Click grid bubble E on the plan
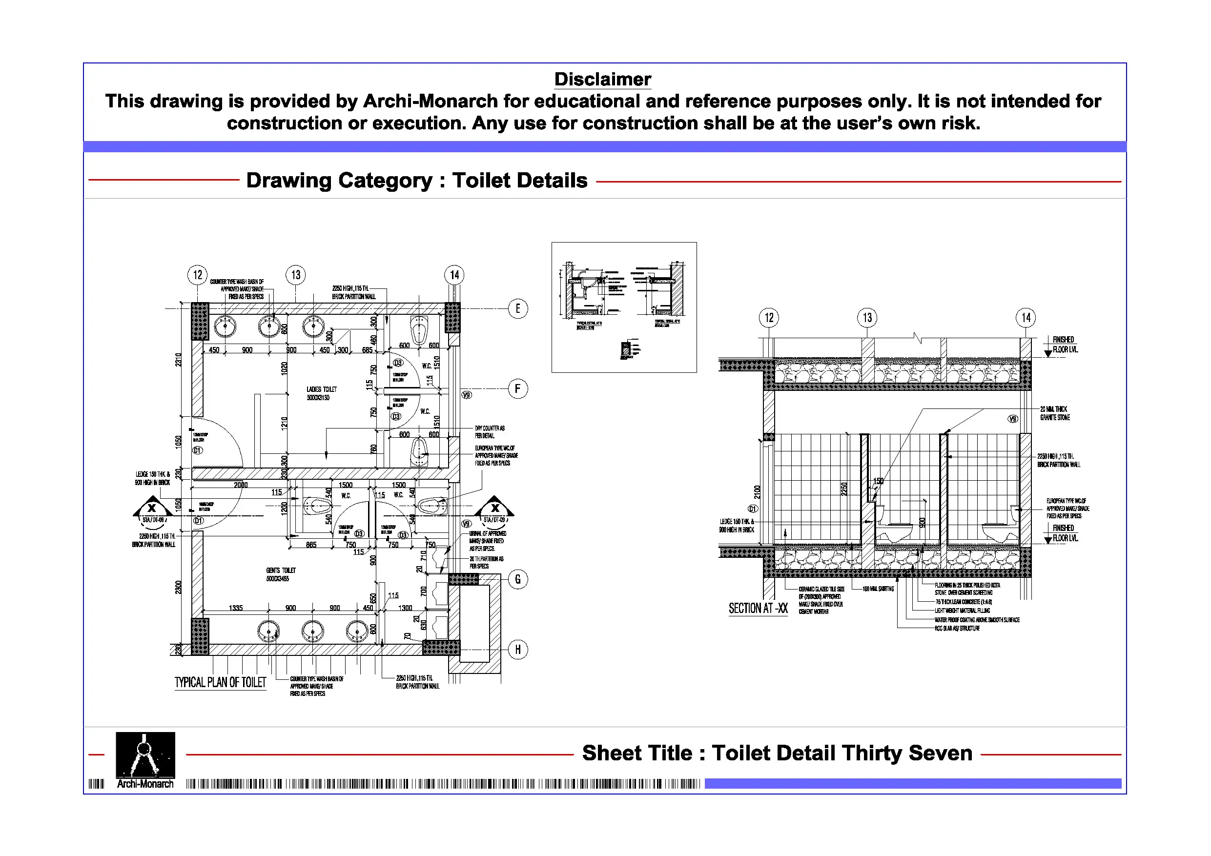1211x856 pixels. (x=517, y=308)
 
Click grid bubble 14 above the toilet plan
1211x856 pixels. (x=454, y=275)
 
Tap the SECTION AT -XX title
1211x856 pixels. (x=758, y=609)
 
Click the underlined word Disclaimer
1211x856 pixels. (x=602, y=79)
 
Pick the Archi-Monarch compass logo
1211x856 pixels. (x=145, y=755)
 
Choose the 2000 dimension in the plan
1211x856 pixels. (x=241, y=485)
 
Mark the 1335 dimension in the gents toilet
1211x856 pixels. (x=236, y=608)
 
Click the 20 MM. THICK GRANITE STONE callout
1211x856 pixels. (x=1054, y=413)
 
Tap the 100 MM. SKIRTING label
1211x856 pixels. (x=878, y=589)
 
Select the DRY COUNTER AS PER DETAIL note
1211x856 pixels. (x=489, y=432)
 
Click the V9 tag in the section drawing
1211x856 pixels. (x=1013, y=419)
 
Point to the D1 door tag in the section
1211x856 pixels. (x=753, y=509)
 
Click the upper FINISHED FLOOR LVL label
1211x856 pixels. (x=1065, y=345)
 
